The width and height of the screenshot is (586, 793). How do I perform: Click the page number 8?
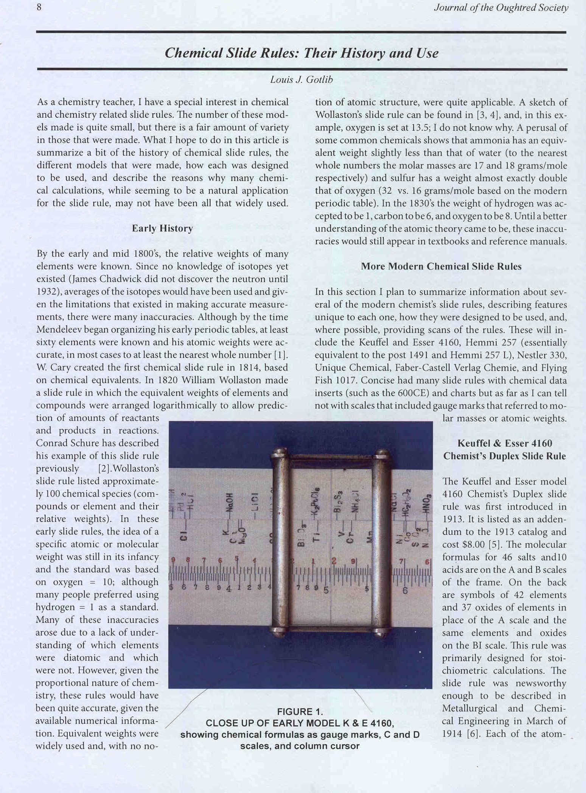pos(39,7)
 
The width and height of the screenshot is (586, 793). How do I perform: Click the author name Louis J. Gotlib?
pos(302,79)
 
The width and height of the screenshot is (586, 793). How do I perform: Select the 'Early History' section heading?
pos(162,228)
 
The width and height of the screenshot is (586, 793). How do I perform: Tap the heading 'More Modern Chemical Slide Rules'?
pos(441,266)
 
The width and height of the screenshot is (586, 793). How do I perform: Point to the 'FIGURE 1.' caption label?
pos(300,711)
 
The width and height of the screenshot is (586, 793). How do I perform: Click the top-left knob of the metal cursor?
pos(279,454)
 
